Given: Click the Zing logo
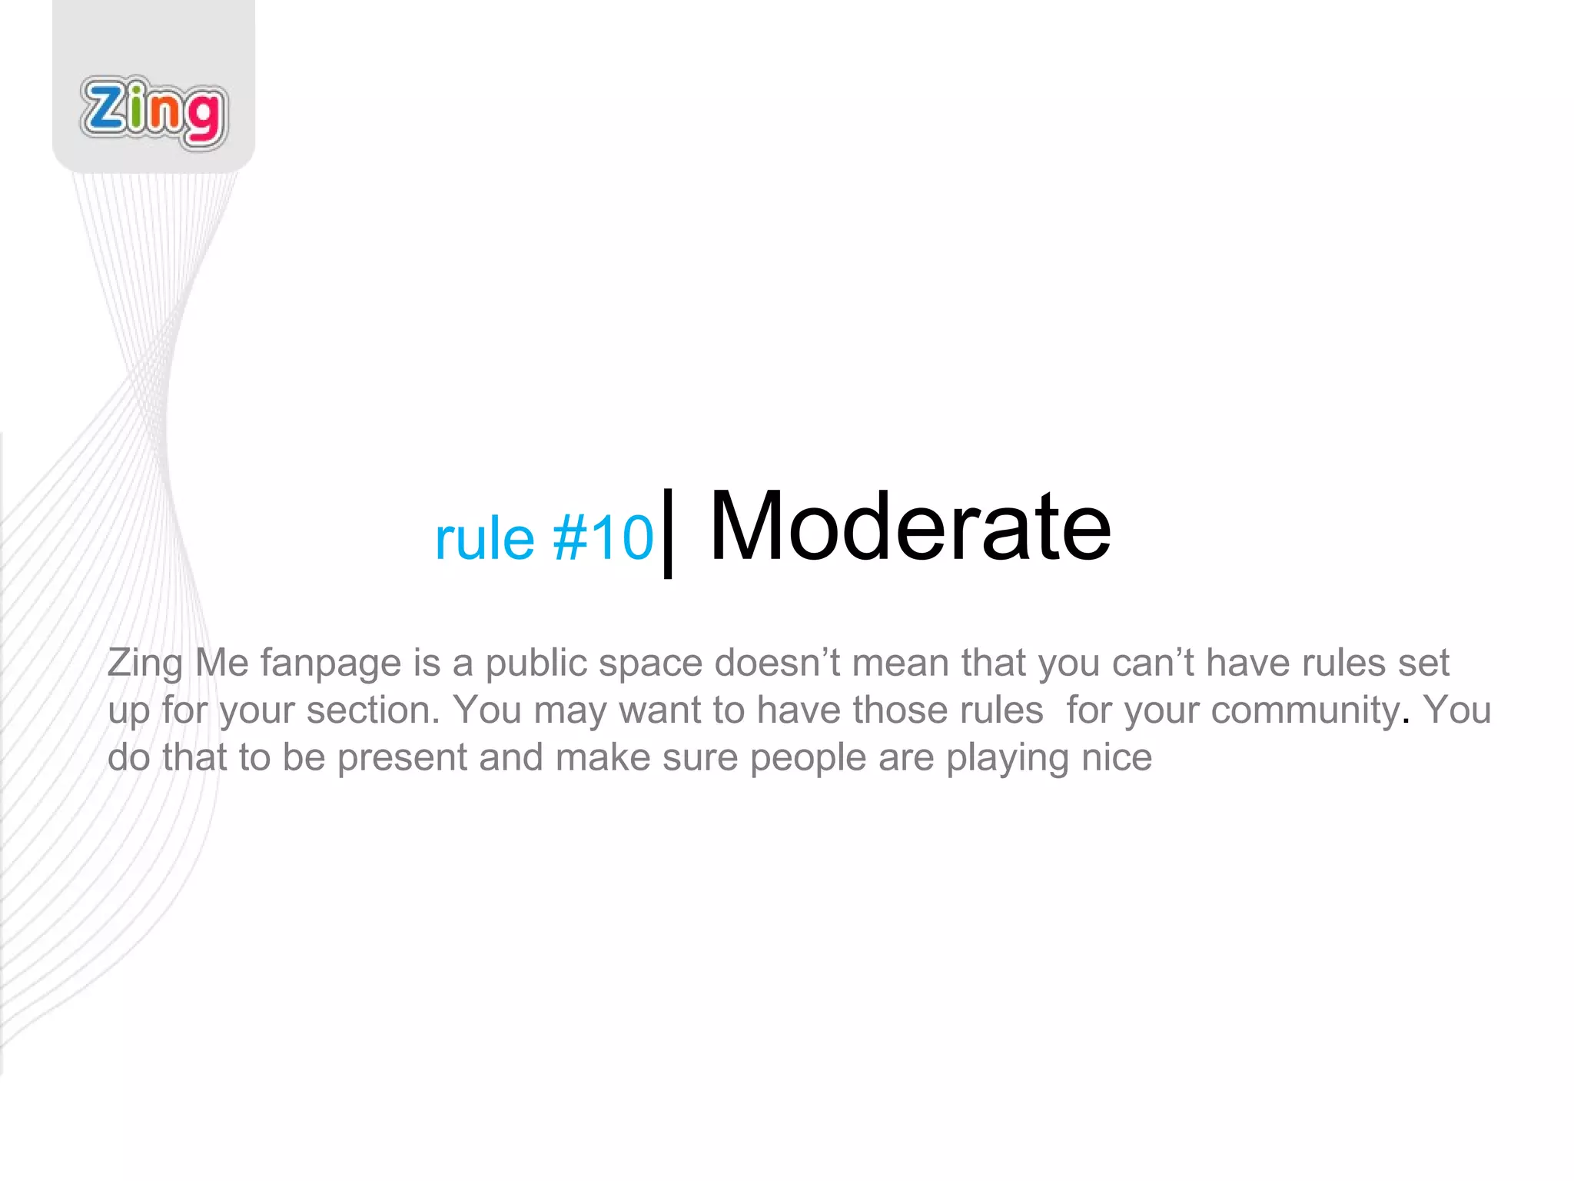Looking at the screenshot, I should [x=154, y=112].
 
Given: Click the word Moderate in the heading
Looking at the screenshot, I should [x=910, y=527].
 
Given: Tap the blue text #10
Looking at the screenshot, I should [x=603, y=537].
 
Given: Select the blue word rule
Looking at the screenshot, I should [x=484, y=537].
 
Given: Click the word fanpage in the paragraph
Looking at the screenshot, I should [x=330, y=664].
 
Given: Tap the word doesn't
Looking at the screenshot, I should [x=777, y=662].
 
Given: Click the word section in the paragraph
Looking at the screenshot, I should [x=373, y=710].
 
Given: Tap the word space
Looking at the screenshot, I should [x=650, y=664].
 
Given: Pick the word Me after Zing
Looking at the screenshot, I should [x=221, y=662].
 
